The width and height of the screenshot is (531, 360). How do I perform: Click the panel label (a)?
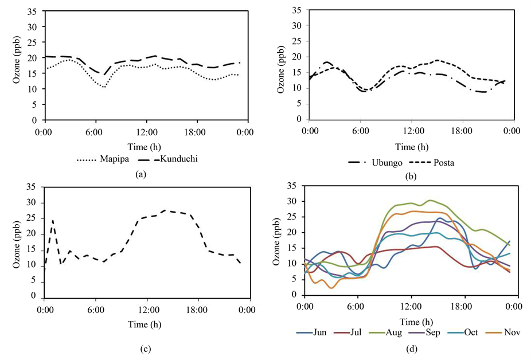(138, 175)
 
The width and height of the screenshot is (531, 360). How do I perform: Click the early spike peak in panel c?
(53, 220)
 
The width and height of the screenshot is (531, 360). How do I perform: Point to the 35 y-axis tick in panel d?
(292, 187)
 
